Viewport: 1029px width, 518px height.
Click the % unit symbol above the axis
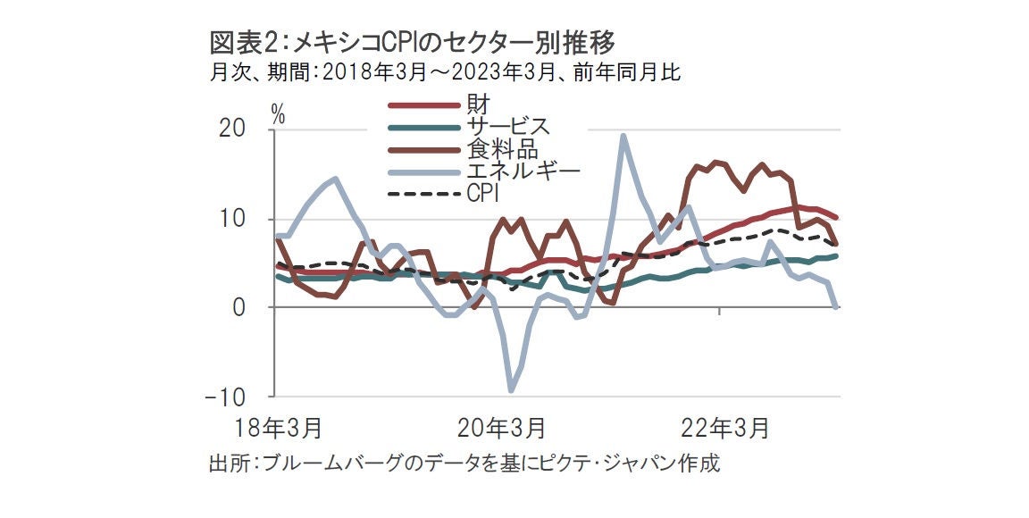[279, 114]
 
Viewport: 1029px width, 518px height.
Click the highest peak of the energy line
[623, 137]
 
